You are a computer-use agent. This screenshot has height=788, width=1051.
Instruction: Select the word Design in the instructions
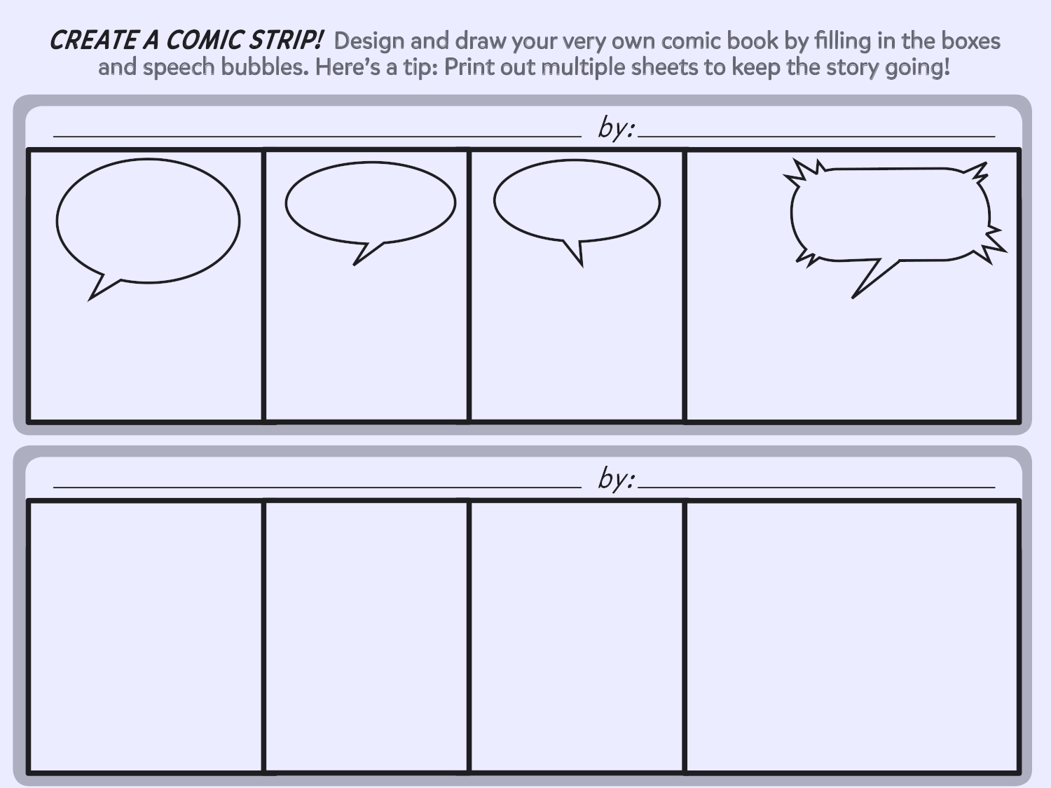(x=369, y=41)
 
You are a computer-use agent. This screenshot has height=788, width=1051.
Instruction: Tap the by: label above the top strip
(x=616, y=127)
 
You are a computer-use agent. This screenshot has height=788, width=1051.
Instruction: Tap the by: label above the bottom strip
(x=616, y=478)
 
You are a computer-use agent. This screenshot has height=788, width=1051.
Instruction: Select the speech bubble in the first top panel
(x=148, y=221)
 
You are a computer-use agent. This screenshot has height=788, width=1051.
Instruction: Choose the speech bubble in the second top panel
(x=370, y=203)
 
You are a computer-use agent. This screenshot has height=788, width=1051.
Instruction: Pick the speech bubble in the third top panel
(x=577, y=202)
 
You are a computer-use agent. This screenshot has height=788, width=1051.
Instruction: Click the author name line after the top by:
(x=816, y=134)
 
